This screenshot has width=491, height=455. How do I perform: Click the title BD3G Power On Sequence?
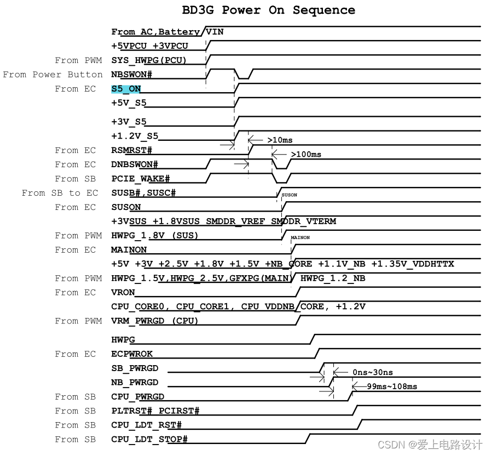coord(268,10)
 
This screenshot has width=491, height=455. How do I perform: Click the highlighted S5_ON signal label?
coord(126,89)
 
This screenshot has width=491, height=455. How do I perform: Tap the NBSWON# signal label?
coord(131,75)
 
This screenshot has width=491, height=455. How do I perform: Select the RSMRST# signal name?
coord(131,150)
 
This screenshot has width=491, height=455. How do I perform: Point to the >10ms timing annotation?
coord(280,140)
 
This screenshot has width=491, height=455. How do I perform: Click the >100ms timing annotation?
coord(306,155)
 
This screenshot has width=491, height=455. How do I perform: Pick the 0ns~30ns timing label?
coord(372,373)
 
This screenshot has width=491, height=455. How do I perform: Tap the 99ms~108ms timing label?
coord(392,387)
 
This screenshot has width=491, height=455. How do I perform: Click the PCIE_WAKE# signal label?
coord(141,179)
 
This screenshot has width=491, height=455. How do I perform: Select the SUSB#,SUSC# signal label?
coord(143,193)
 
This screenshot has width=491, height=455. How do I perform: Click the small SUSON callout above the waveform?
coord(289,195)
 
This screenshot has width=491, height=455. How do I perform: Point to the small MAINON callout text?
coord(300,238)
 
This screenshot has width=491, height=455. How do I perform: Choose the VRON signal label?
coord(123,293)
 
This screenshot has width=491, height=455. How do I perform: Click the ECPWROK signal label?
coord(132,354)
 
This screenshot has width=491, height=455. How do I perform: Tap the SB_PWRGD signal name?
coord(135,368)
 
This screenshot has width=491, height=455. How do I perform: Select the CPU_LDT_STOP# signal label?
coord(149,440)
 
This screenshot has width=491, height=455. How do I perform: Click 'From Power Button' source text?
coord(53,75)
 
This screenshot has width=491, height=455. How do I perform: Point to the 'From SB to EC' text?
coord(60,193)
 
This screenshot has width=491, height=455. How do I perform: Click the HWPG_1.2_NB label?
coord(333,278)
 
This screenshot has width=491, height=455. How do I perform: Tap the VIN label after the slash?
coord(215,32)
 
